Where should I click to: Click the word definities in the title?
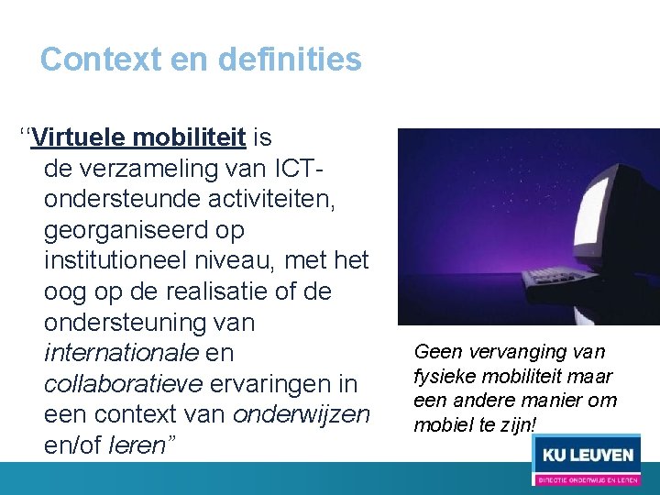(290, 60)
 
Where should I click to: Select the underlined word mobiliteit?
(189, 138)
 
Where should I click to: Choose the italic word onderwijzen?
(302, 414)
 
